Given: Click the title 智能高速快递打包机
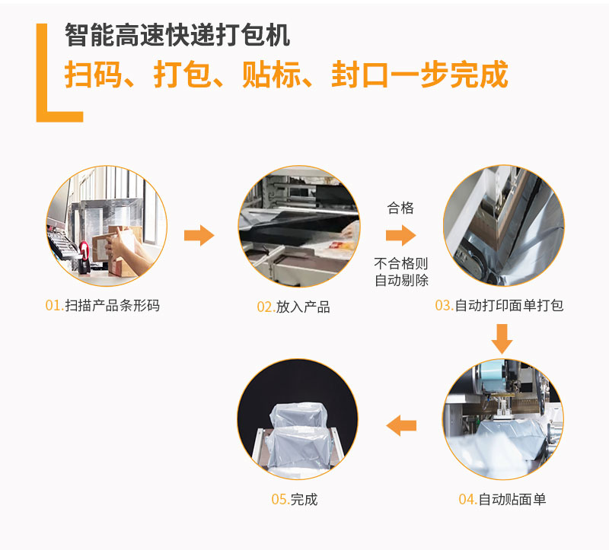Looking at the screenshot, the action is [177, 35].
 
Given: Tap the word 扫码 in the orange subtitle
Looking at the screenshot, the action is [93, 75].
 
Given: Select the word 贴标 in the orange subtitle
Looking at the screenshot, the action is [272, 75].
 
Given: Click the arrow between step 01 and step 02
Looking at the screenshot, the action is [199, 235].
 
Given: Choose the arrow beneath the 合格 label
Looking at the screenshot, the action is [401, 235].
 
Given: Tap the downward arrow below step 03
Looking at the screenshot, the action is [502, 339].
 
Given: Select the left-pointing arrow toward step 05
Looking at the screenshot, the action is [401, 426].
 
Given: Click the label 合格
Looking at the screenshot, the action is [400, 208].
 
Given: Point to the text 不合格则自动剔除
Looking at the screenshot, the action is [401, 272].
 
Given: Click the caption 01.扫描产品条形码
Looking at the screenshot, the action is [103, 306].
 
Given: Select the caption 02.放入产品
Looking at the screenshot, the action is [293, 307].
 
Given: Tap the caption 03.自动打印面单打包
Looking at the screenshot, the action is [499, 306].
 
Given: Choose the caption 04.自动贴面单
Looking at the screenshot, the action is [502, 499].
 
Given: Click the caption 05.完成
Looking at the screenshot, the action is [295, 499].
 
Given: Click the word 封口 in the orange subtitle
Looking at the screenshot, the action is [360, 75].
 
